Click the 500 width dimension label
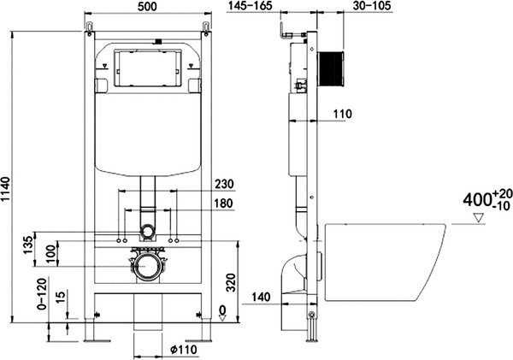[x=147, y=6]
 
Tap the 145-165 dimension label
[x=251, y=6]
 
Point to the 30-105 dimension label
[x=372, y=6]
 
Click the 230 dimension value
[x=224, y=184]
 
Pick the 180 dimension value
[x=224, y=204]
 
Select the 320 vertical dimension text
[x=232, y=282]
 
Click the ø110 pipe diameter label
[x=184, y=350]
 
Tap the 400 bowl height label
[x=477, y=199]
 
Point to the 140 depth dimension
[x=261, y=298]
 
